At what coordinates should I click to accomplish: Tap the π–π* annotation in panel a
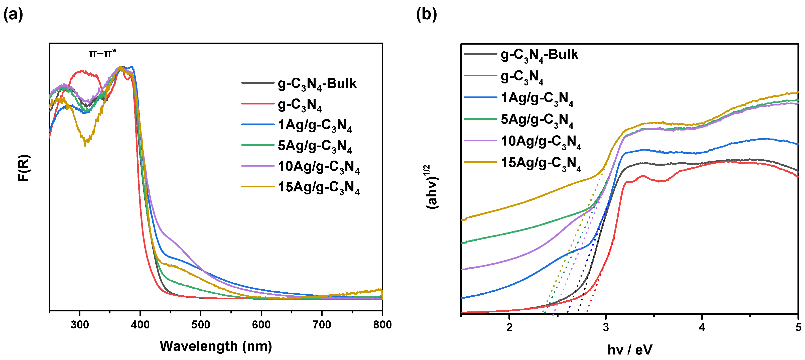(x=102, y=53)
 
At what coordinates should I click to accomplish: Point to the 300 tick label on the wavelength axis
(x=80, y=325)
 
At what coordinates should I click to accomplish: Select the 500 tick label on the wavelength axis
(x=201, y=325)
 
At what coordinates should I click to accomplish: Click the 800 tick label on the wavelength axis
(x=382, y=325)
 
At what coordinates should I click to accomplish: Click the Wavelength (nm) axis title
(x=216, y=346)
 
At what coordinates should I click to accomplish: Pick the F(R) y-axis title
(x=24, y=168)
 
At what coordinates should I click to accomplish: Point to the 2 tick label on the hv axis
(x=509, y=327)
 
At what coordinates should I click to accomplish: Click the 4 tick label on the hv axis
(x=702, y=327)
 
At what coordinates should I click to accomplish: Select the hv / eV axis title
(x=630, y=350)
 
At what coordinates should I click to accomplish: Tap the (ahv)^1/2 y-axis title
(x=433, y=187)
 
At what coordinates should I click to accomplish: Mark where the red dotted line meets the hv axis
(x=587, y=312)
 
